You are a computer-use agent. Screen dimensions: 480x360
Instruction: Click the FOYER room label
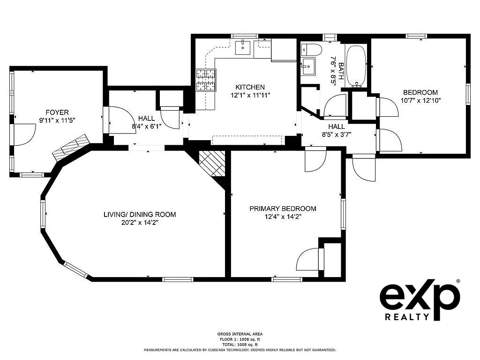pos(57,112)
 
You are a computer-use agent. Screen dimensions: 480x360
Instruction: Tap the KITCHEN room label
pos(250,87)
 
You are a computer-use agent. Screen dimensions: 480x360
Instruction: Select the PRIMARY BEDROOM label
pos(283,209)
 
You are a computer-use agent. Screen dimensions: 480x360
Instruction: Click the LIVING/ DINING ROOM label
pos(140,214)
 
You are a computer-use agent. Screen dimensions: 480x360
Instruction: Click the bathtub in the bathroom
pos(356,66)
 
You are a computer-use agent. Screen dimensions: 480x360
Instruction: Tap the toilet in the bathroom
pos(312,50)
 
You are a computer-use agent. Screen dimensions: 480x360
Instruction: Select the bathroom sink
pos(308,66)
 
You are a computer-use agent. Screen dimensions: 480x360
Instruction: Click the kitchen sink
pos(243,47)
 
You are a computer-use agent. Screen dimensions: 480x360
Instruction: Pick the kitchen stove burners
pos(206,80)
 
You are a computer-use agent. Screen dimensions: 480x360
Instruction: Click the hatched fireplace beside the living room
pos(212,164)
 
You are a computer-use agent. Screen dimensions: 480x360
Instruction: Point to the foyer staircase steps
pos(71,148)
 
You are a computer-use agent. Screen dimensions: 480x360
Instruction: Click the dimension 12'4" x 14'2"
pos(283,217)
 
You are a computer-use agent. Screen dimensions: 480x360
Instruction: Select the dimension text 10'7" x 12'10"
pos(420,100)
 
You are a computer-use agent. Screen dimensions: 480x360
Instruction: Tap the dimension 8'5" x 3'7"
pos(337,134)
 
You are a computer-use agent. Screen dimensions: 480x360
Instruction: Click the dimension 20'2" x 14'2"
pos(140,223)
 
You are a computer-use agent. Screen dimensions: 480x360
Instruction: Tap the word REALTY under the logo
pos(407,316)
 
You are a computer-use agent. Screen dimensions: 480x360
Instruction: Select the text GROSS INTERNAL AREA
pos(240,334)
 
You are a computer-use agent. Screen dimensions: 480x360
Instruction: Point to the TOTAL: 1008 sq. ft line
pos(240,345)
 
